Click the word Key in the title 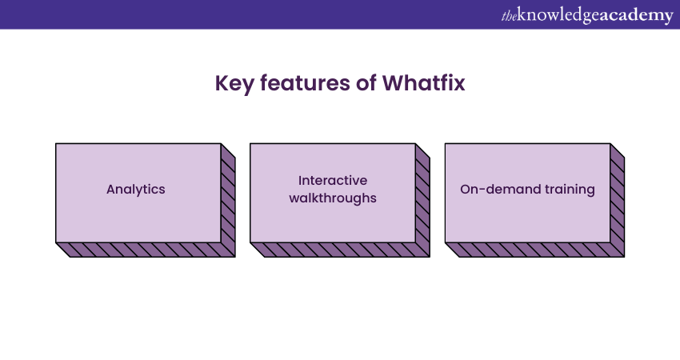click(234, 84)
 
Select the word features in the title click(305, 83)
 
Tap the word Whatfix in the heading click(423, 83)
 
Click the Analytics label click(136, 190)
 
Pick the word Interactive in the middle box click(333, 181)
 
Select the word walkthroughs click(333, 198)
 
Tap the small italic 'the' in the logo click(509, 16)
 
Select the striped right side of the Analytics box click(228, 200)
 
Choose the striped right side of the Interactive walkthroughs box click(423, 200)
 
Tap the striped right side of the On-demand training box click(618, 200)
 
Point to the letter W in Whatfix click(392, 83)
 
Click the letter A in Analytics click(110, 190)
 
